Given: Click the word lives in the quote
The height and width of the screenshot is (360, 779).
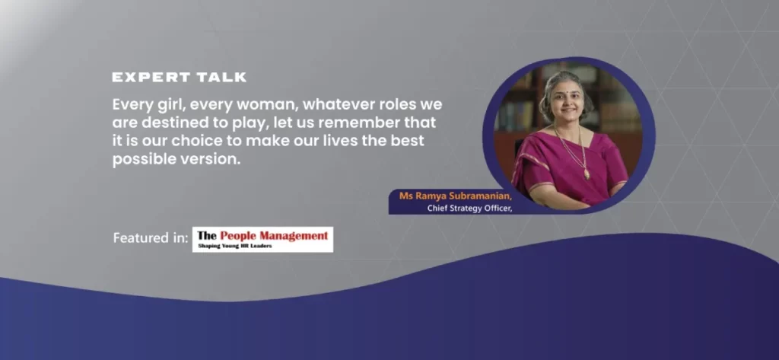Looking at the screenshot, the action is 351,142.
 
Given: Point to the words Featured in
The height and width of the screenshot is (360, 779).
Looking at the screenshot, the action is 151,238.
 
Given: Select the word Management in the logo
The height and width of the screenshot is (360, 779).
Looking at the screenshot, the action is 297,235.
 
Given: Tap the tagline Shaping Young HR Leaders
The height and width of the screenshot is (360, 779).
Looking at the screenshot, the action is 235,246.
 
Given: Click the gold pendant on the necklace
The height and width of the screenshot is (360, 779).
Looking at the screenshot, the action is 587,174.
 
